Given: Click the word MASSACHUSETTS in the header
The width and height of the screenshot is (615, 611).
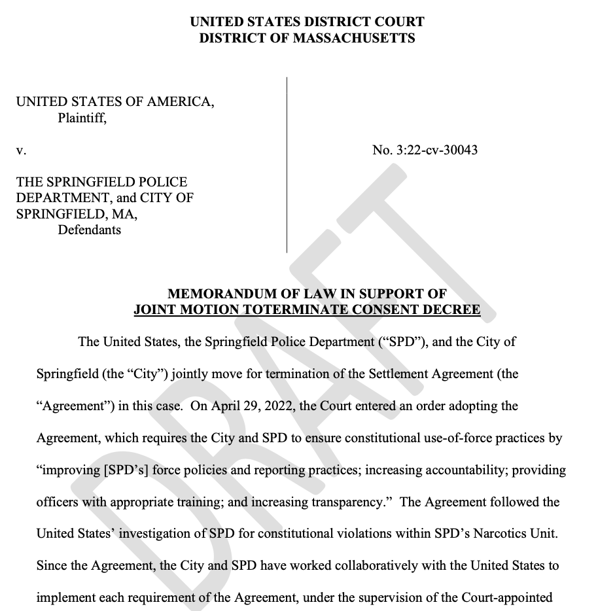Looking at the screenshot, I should [353, 38].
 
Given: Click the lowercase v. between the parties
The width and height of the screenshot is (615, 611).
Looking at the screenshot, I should [21, 150].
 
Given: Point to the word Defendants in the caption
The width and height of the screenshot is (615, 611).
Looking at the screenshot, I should [90, 230].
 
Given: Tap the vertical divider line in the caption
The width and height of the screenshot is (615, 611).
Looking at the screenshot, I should [287, 164].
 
